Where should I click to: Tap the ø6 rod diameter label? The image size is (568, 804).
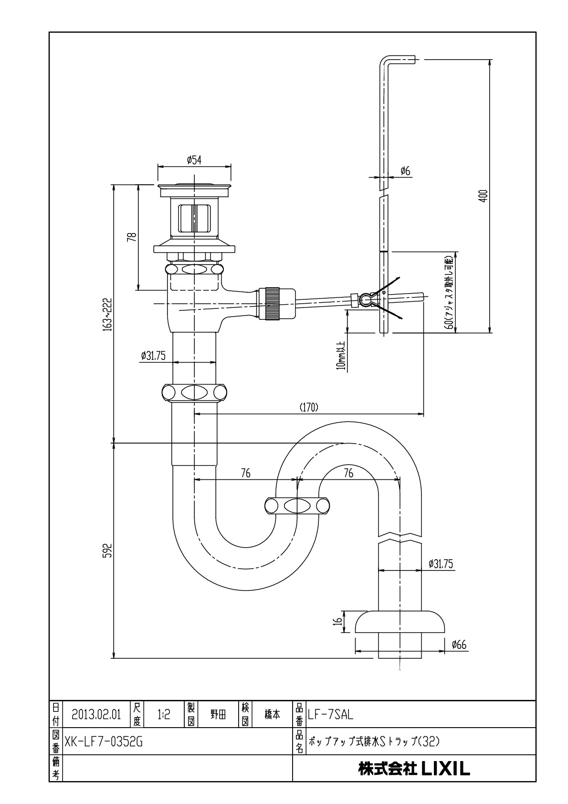405,171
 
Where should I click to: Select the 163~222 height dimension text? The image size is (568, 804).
108,314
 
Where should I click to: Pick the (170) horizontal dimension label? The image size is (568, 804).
309,407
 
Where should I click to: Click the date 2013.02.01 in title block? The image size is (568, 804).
96,715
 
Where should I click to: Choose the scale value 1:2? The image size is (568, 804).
164,715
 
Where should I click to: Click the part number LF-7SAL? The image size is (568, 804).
330,715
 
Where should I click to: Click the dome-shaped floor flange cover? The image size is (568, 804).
400,621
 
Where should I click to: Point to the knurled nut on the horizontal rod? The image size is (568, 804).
273,303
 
